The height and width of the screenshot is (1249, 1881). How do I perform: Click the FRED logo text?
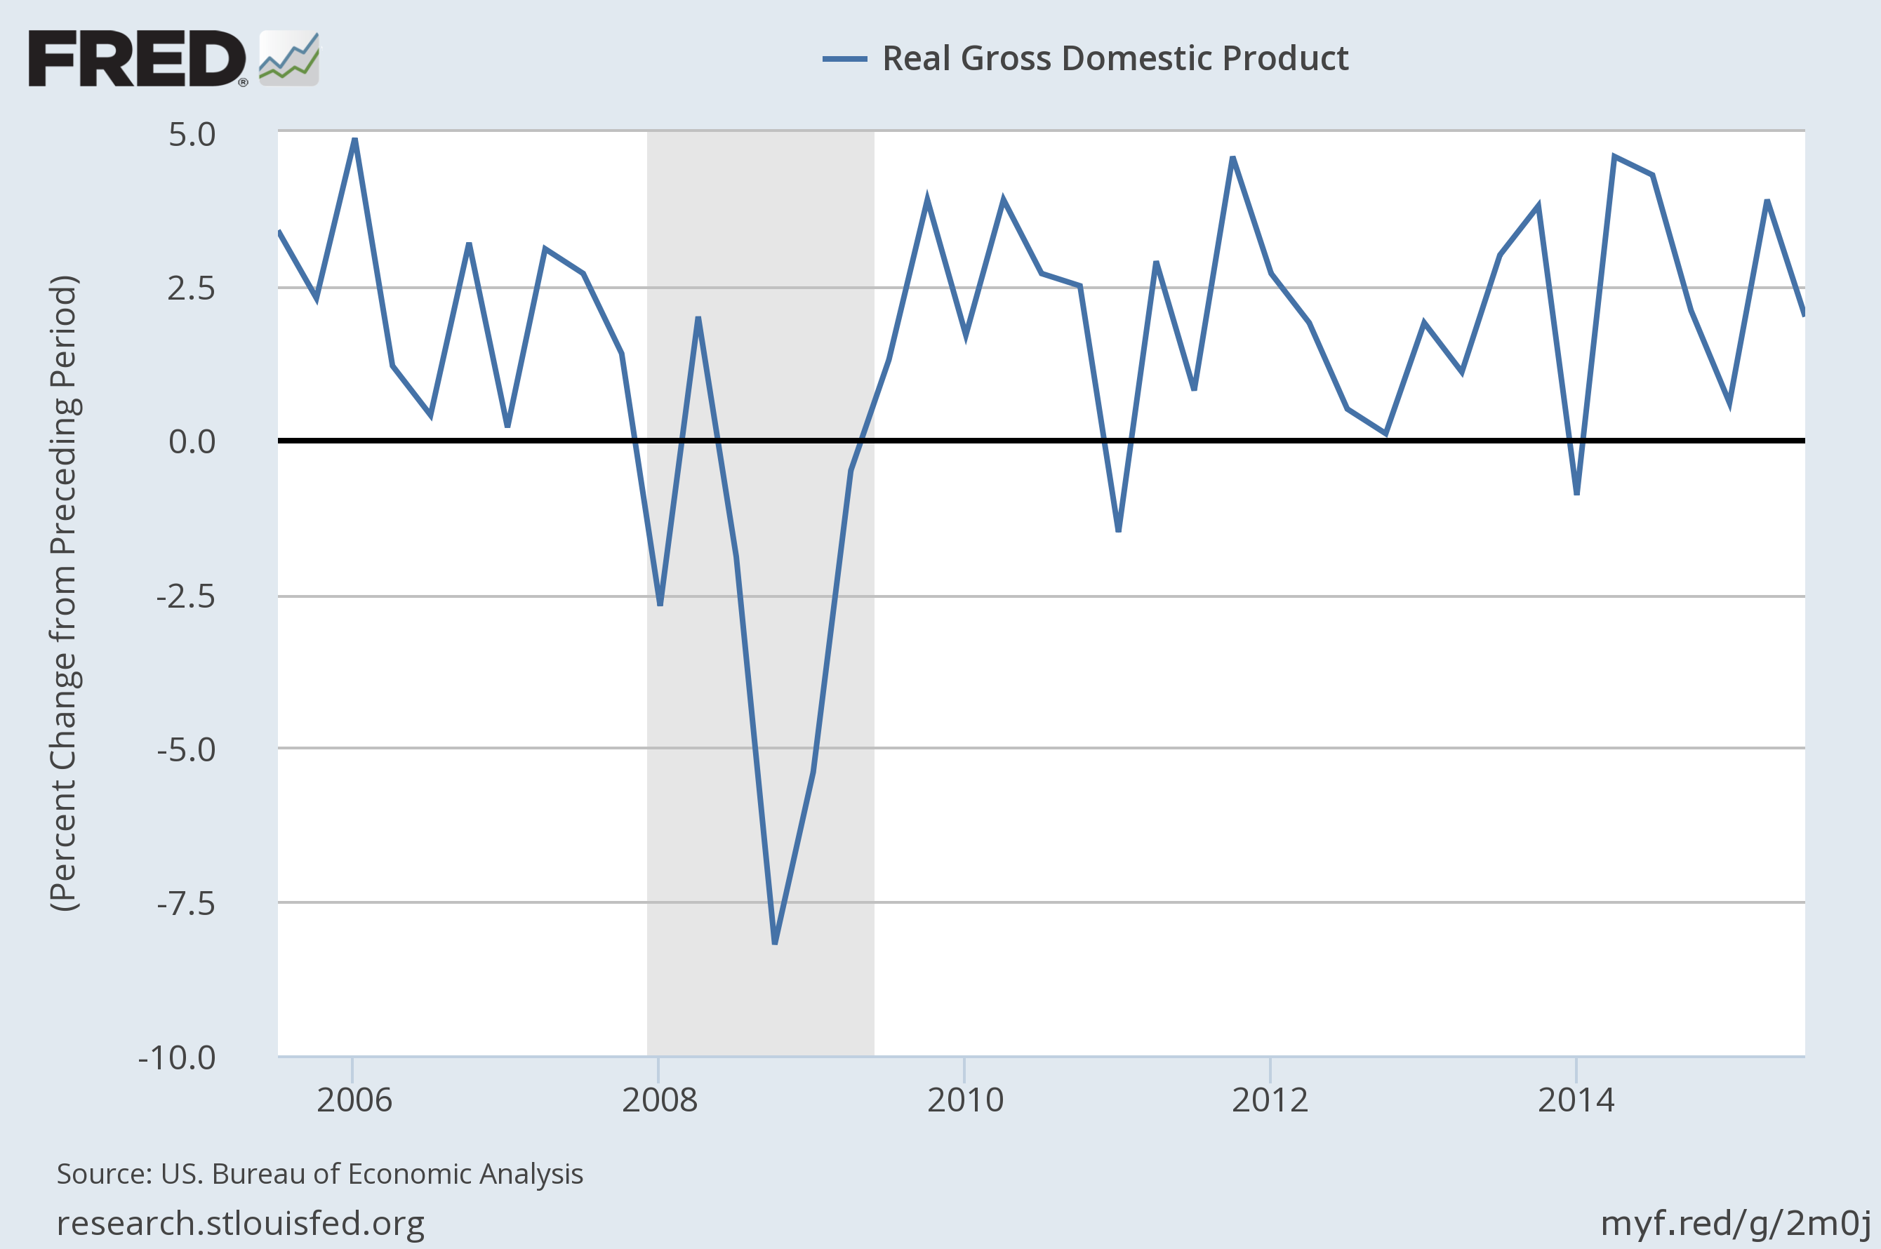pos(137,58)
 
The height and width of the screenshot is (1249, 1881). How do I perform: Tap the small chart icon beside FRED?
pos(289,58)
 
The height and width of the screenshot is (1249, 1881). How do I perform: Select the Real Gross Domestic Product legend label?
pos(1115,58)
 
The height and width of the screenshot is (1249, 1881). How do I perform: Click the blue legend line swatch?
pos(844,58)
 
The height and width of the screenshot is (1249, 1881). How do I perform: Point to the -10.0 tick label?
pos(177,1058)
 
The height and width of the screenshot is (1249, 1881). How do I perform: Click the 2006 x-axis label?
pos(354,1100)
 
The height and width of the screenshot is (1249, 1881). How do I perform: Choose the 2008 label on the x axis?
pos(659,1100)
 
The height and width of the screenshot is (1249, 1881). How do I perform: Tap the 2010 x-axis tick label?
pos(965,1100)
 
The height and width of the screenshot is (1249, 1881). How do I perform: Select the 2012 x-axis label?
pos(1270,1100)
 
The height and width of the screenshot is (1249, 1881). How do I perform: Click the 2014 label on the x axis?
pos(1575,1100)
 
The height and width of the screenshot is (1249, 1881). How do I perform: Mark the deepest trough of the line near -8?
pos(774,942)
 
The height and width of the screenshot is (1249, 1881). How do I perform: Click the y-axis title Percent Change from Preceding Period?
pos(64,594)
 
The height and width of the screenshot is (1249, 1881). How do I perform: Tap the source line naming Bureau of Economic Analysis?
pos(319,1174)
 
